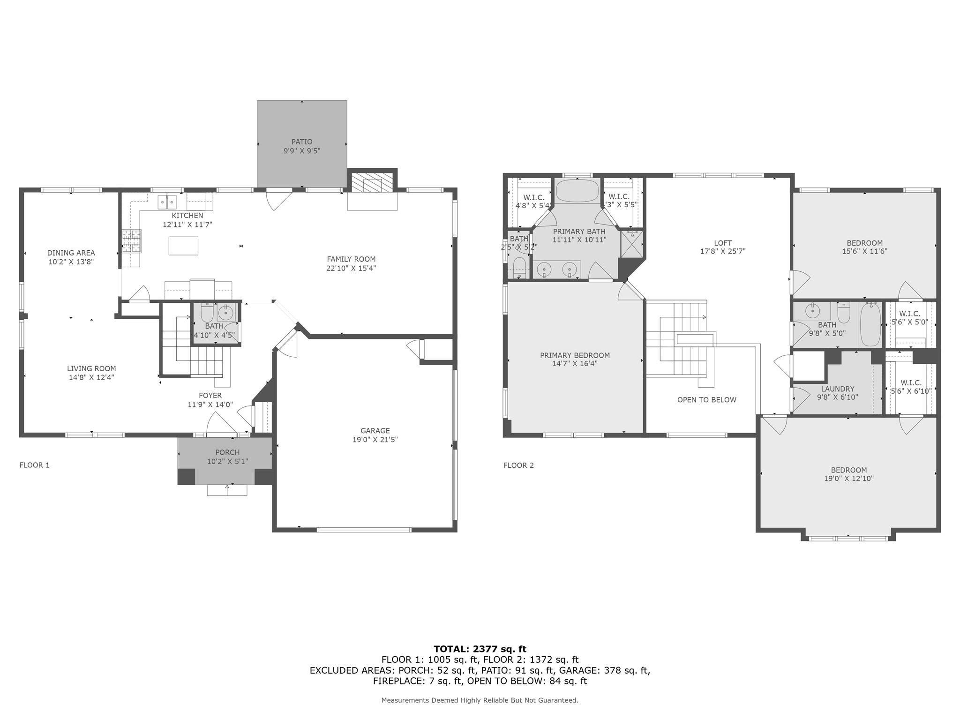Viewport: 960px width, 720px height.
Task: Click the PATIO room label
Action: coord(301,142)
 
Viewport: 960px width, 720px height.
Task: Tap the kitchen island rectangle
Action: coord(183,246)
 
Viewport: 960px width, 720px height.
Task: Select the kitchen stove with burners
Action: coord(132,241)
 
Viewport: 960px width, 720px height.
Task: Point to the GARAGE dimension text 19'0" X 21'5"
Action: coord(375,440)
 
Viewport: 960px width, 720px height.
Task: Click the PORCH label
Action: coord(227,452)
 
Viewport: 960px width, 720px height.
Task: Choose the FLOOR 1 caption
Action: coord(34,465)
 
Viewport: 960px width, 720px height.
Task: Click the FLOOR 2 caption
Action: coord(518,465)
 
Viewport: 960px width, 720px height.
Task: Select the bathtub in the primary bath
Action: coord(577,191)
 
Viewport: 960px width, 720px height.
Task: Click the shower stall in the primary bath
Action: coord(631,244)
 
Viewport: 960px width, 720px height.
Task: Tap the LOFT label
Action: coord(722,243)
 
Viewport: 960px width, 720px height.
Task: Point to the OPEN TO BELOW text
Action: coord(706,400)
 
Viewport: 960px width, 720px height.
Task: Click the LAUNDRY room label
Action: coord(837,389)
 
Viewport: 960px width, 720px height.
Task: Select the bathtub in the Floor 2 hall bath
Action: coord(870,324)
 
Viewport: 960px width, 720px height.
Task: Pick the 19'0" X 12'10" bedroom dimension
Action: coord(848,479)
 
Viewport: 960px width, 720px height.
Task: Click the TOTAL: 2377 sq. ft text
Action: coord(480,649)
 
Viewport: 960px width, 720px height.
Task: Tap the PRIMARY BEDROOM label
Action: coord(575,355)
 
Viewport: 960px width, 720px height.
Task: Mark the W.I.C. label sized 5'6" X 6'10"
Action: coord(910,383)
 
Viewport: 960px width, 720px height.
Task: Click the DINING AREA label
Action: coord(71,253)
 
